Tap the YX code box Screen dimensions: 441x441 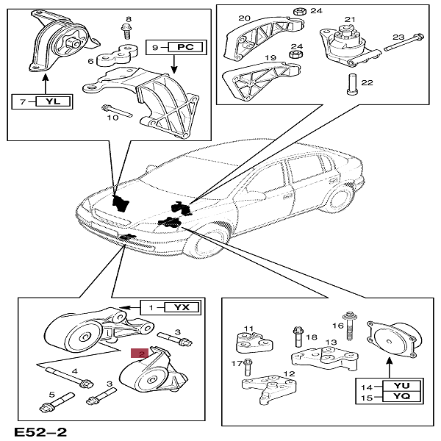tap(181, 307)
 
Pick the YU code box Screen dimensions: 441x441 tap(401, 384)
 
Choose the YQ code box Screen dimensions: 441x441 tap(401, 398)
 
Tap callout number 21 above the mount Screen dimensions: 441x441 tap(350, 20)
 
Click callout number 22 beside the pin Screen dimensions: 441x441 tap(367, 83)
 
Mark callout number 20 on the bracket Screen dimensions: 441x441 tap(244, 18)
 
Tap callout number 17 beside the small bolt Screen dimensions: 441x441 tap(237, 363)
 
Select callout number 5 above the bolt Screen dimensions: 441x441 tap(51, 395)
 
